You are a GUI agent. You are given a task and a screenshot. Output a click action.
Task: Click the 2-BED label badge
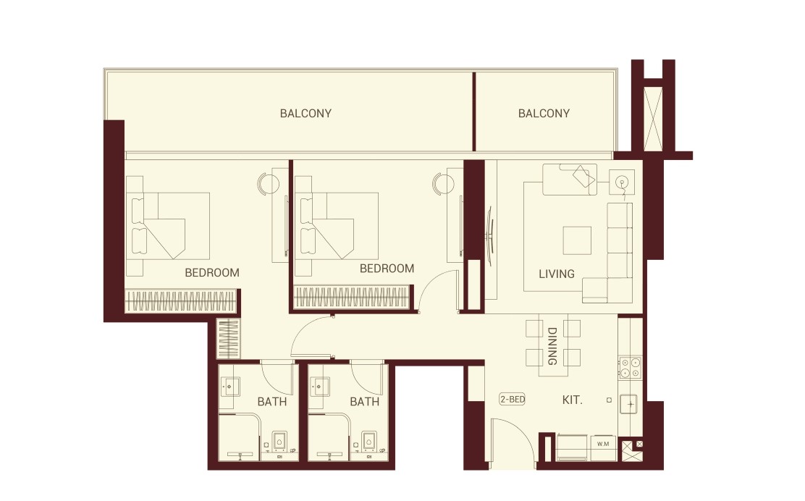click(512, 399)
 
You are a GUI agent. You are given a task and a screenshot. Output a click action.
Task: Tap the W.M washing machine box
click(603, 442)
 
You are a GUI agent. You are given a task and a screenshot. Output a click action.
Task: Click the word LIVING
click(557, 274)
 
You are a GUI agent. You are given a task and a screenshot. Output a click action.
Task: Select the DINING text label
click(552, 346)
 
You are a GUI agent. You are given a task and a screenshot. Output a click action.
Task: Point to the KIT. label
click(572, 399)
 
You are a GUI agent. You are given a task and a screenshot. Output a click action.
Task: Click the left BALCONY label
click(305, 113)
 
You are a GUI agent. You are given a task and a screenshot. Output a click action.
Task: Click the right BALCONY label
click(544, 113)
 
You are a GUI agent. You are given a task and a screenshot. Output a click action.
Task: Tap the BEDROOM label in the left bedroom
click(211, 273)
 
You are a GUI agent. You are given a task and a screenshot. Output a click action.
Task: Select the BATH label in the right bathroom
click(364, 401)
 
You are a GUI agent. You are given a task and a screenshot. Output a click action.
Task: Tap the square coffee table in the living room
click(577, 240)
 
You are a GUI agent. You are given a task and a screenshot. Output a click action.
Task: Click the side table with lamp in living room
click(621, 182)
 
